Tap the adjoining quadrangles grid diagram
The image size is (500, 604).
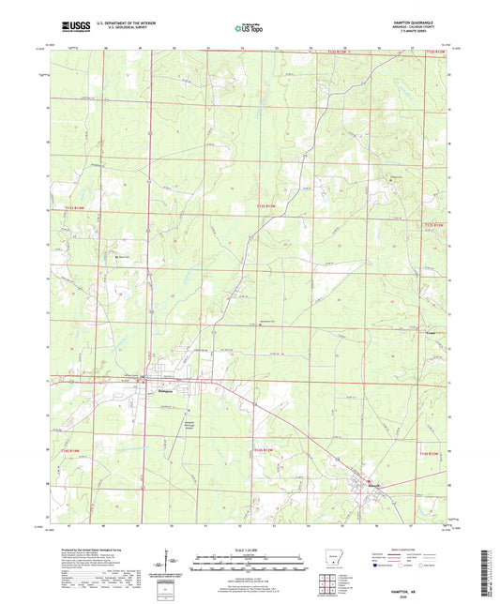click(x=326, y=581)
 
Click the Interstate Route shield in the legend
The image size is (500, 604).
click(x=378, y=566)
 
